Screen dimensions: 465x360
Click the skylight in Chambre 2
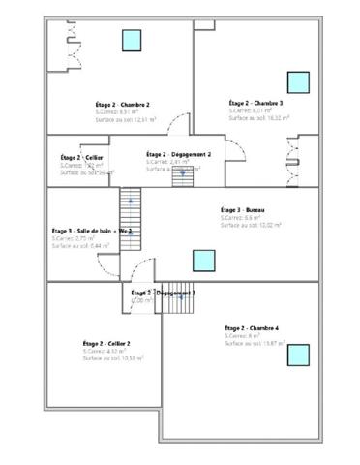(131, 40)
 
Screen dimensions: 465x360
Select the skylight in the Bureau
(203, 260)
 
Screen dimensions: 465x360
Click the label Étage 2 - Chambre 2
(95, 104)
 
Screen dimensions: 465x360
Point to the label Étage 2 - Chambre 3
(255, 103)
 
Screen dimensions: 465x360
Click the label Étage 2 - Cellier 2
(106, 343)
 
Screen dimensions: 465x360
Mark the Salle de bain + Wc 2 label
(91, 231)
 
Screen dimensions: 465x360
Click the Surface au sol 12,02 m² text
(249, 226)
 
